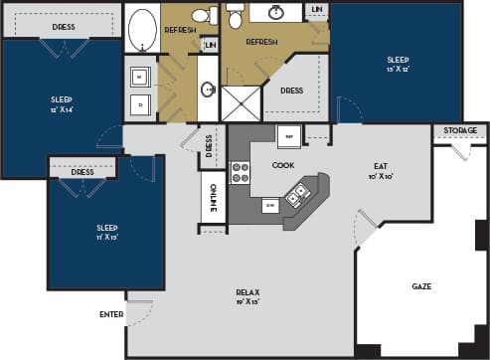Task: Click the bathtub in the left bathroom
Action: click(143, 29)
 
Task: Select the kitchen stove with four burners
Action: click(240, 173)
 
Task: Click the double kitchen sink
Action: click(295, 196)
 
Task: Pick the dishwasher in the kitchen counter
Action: click(269, 205)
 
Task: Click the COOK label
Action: click(283, 164)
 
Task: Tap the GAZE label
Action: click(421, 285)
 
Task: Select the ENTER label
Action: click(111, 314)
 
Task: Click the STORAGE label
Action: click(459, 130)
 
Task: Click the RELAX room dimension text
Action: click(247, 301)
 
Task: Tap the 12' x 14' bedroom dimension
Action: click(62, 109)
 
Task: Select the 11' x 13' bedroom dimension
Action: click(106, 237)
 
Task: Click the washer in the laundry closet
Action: click(139, 76)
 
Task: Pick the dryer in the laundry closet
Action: click(139, 101)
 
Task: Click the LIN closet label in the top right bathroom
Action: click(316, 10)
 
